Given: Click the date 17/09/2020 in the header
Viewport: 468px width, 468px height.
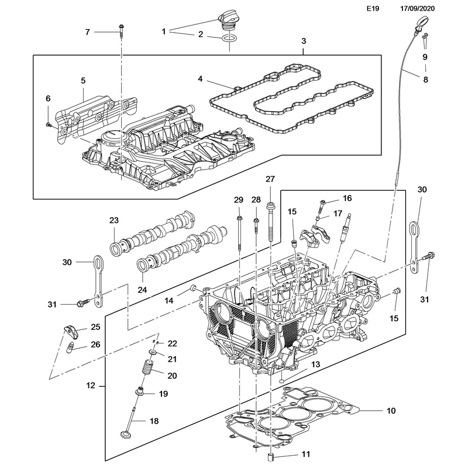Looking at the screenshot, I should tap(418, 9).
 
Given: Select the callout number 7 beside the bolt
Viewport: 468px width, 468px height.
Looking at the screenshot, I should tap(87, 32).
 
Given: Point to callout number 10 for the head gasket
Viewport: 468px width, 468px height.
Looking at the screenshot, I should tap(391, 410).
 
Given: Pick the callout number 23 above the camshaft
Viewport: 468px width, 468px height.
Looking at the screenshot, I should tap(113, 221).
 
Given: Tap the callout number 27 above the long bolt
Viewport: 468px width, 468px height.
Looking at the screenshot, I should tap(270, 178).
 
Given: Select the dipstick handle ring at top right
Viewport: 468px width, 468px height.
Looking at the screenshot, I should tap(420, 23).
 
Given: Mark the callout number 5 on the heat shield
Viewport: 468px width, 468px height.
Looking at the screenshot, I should tap(83, 80).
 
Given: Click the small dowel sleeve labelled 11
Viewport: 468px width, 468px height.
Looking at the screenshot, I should tap(271, 457).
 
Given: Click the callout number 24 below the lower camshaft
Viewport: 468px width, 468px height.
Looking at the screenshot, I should tap(142, 290).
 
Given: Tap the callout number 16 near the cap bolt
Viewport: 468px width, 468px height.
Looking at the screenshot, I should tap(347, 198).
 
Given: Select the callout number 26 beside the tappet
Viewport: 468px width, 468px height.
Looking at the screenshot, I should tap(95, 345).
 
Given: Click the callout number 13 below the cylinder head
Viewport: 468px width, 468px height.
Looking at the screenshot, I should tap(316, 364).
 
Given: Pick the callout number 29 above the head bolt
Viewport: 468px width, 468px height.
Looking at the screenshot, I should tap(238, 200).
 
